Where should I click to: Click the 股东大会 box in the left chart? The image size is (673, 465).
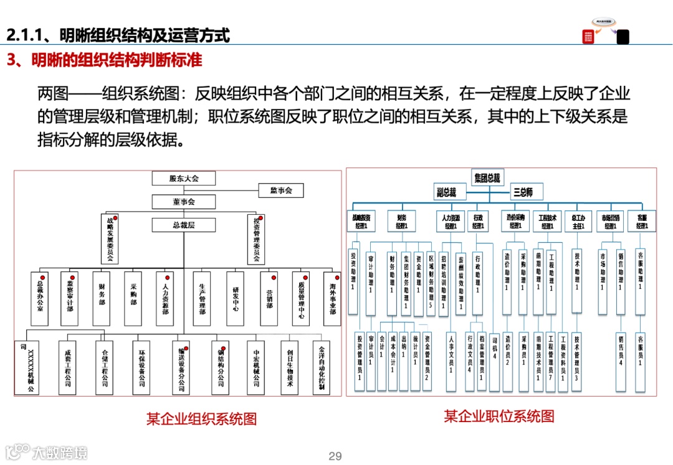click(x=184, y=179)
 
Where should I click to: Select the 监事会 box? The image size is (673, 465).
click(x=280, y=190)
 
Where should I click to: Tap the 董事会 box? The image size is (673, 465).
click(x=184, y=202)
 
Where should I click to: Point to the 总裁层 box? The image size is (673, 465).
click(x=184, y=225)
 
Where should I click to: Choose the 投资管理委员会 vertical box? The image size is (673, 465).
click(x=256, y=239)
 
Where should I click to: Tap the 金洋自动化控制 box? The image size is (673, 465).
click(x=322, y=367)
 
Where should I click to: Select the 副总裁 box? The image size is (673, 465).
click(x=446, y=192)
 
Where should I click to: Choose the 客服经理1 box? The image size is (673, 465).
click(x=642, y=222)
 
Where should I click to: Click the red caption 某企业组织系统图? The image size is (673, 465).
click(x=201, y=418)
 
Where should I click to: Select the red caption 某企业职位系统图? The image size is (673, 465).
click(x=499, y=416)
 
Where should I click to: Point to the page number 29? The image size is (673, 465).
click(x=335, y=456)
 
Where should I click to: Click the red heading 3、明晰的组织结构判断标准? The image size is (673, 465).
click(x=104, y=60)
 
